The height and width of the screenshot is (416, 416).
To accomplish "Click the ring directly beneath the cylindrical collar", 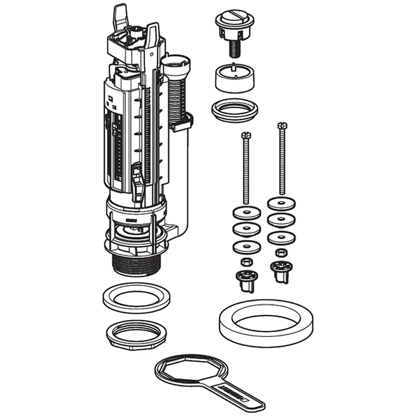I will click(x=235, y=110).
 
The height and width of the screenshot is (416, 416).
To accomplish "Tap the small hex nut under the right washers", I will click(x=281, y=252).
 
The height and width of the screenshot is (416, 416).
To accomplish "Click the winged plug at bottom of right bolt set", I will click(x=281, y=270).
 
